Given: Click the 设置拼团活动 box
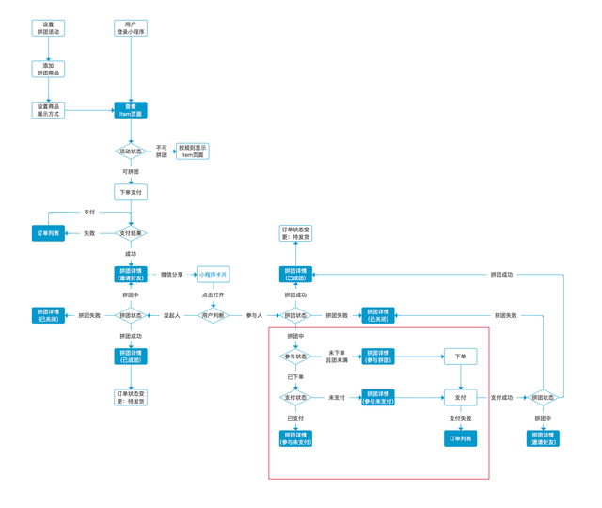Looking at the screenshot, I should [x=48, y=28].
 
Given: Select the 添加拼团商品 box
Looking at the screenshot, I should [x=48, y=69].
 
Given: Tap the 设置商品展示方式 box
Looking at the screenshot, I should [x=48, y=110].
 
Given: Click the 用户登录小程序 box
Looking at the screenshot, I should [x=131, y=28].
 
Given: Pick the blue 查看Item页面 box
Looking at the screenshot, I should [x=131, y=110].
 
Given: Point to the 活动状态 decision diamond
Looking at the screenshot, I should [x=131, y=151].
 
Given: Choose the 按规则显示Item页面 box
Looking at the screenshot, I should [x=193, y=151].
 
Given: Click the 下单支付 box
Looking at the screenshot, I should [x=131, y=192].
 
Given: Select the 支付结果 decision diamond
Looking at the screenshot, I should [x=131, y=233].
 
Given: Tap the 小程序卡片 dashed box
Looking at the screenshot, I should [x=214, y=275].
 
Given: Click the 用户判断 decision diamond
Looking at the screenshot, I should [x=214, y=316].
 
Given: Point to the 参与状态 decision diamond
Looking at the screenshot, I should [x=295, y=357].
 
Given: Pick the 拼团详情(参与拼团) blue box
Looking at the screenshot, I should [x=378, y=357].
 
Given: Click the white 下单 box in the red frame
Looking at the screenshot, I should [x=461, y=357].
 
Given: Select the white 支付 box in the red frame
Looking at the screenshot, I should [x=461, y=398].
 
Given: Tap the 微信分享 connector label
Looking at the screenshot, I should [x=172, y=275].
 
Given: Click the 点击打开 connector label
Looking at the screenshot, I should [x=214, y=294].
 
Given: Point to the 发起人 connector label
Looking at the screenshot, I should [x=172, y=316].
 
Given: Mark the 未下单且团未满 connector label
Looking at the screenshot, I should [x=337, y=357].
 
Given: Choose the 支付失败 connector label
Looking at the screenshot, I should [x=461, y=418].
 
